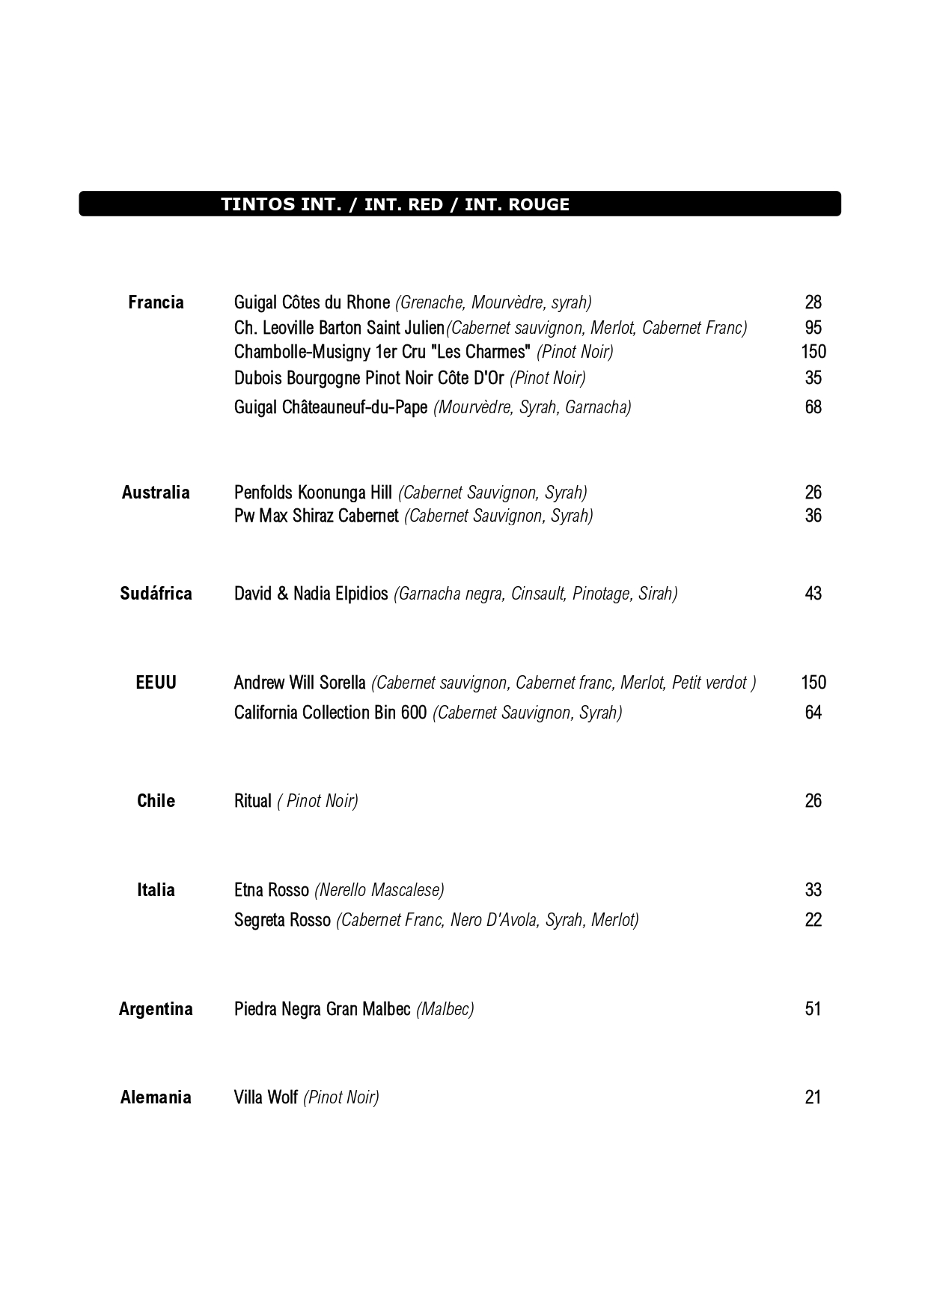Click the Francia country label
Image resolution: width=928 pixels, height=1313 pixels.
point(156,302)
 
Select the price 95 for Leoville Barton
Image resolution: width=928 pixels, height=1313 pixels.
point(813,328)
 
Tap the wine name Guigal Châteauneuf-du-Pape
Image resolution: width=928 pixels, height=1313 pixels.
point(331,407)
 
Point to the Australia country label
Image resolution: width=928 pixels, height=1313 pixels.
point(156,493)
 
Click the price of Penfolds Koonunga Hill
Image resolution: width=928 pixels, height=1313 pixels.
point(813,493)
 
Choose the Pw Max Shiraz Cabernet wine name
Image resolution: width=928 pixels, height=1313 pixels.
point(316,516)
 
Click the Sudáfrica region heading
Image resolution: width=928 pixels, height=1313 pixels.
point(156,594)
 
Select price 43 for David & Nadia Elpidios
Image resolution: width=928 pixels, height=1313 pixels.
point(813,594)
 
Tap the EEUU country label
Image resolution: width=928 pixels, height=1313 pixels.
point(156,683)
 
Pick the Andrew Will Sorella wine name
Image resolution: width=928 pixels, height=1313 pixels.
point(299,683)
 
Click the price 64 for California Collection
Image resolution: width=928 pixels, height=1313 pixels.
point(813,713)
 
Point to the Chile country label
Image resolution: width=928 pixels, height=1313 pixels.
point(156,801)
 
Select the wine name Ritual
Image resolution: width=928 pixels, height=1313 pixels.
point(252,801)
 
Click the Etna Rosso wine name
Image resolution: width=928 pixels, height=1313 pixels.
point(271,890)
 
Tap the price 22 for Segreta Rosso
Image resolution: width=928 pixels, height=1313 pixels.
point(813,920)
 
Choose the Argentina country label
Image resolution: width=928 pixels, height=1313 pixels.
point(156,1009)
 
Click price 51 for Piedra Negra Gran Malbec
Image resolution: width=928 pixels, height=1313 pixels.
point(813,1009)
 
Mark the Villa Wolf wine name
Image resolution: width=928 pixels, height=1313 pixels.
point(266,1097)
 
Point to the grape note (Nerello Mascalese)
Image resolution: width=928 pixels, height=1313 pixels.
point(379,890)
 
